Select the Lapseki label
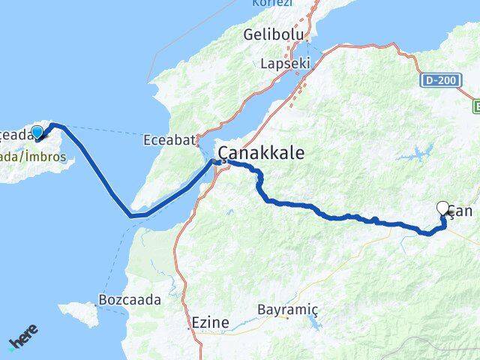284,64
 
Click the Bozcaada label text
129,300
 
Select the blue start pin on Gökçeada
36,132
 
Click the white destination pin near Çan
444,209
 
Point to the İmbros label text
46,157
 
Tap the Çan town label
461,212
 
